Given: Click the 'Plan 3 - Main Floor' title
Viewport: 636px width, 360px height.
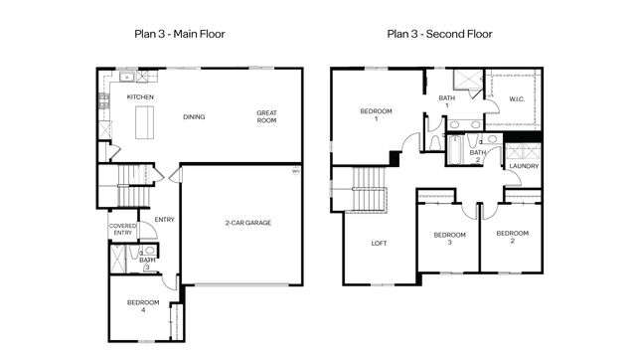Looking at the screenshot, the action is (179, 34).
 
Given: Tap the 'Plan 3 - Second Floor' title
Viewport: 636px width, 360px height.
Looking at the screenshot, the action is (439, 34).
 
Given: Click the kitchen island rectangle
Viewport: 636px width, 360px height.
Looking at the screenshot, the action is (144, 122).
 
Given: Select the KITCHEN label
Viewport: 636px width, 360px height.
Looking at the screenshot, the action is (140, 97).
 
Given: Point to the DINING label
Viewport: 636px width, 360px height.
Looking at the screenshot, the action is (194, 117).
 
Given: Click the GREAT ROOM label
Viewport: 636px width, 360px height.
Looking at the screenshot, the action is (266, 116).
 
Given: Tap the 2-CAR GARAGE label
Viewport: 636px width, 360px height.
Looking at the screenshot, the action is (248, 223).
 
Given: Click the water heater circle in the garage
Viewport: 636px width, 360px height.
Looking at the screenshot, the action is (296, 171).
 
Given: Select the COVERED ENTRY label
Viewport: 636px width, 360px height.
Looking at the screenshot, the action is (122, 229).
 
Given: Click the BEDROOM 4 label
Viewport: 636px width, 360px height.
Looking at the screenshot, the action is (143, 306).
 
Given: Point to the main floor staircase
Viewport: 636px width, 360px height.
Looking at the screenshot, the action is (133, 186).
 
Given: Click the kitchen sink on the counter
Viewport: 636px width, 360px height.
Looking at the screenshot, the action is (127, 77).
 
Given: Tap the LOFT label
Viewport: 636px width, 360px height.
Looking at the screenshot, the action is (379, 243).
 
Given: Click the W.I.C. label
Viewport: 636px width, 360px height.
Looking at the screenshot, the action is (517, 99).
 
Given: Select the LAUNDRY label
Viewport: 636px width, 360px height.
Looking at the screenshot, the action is (524, 166).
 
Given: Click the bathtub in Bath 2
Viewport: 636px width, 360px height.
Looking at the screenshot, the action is (455, 150).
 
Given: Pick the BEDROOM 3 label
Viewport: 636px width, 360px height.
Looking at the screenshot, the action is (449, 239).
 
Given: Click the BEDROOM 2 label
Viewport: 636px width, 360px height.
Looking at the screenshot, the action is (513, 237).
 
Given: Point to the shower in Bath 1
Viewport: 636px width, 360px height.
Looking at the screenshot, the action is (468, 80).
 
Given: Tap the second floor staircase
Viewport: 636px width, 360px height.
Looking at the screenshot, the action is (369, 189).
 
